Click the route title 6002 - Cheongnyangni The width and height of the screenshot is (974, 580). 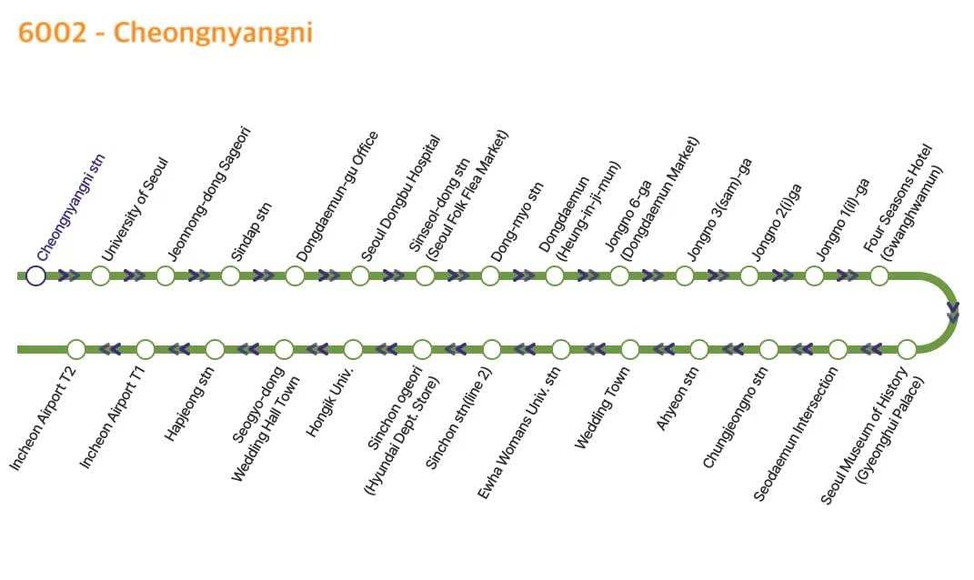tap(166, 33)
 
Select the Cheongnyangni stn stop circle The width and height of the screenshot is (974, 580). tap(35, 275)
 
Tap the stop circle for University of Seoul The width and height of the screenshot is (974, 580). tap(101, 275)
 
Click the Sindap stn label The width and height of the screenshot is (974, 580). tap(251, 232)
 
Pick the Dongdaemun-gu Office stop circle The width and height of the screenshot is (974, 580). tap(295, 275)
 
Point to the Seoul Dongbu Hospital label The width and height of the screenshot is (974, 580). tap(401, 198)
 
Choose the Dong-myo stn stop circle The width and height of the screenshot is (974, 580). tap(489, 275)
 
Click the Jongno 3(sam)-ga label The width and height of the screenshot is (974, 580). tap(719, 209)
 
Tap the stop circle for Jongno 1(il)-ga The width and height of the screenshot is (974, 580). tap(814, 275)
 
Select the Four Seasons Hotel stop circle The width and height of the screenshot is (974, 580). tap(879, 275)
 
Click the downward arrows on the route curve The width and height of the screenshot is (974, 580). tap(953, 312)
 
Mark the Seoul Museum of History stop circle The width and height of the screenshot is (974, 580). tap(907, 350)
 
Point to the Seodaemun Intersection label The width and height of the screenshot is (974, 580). tap(796, 434)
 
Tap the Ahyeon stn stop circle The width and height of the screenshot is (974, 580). tap(699, 350)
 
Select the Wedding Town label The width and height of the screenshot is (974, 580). tap(602, 407)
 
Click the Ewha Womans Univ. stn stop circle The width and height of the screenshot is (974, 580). tap(561, 350)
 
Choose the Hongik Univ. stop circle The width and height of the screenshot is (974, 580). tap(353, 350)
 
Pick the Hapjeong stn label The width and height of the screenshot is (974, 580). tap(189, 404)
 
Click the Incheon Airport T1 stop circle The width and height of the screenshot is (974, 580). tap(146, 350)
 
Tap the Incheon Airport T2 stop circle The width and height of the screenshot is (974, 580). tap(75, 350)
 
